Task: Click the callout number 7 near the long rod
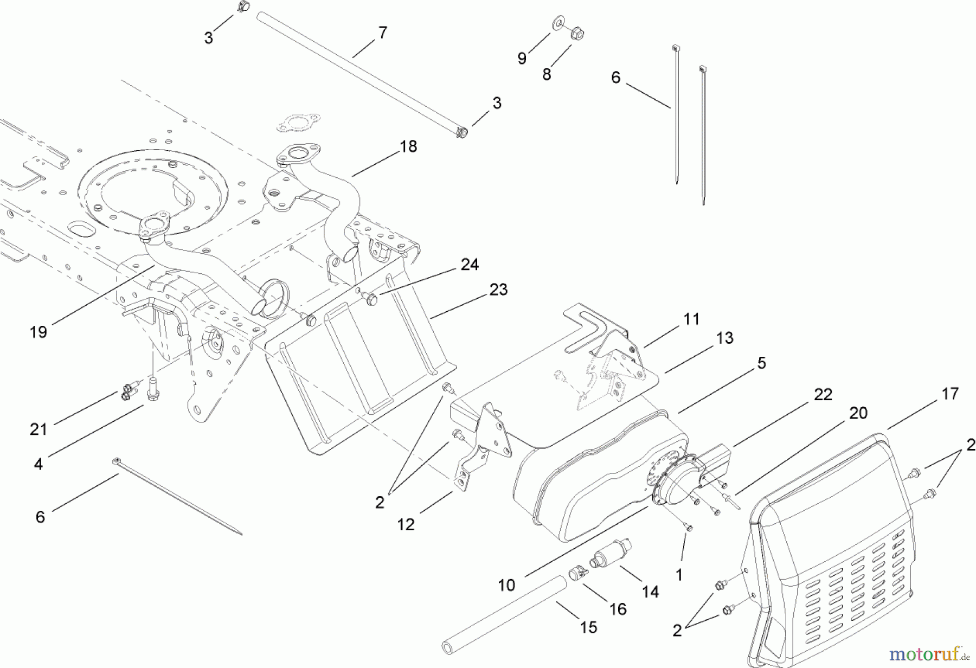[x=383, y=33]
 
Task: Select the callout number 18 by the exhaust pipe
[x=408, y=146]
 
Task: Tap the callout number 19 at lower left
[x=38, y=332]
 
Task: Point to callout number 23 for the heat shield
[x=498, y=290]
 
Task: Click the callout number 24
[x=470, y=265]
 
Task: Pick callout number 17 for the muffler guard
[x=950, y=394]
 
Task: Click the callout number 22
[x=823, y=394]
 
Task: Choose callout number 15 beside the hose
[x=588, y=627]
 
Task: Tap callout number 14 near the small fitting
[x=650, y=592]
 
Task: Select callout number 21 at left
[x=38, y=429]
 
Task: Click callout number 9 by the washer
[x=522, y=59]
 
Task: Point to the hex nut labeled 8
[x=577, y=34]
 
